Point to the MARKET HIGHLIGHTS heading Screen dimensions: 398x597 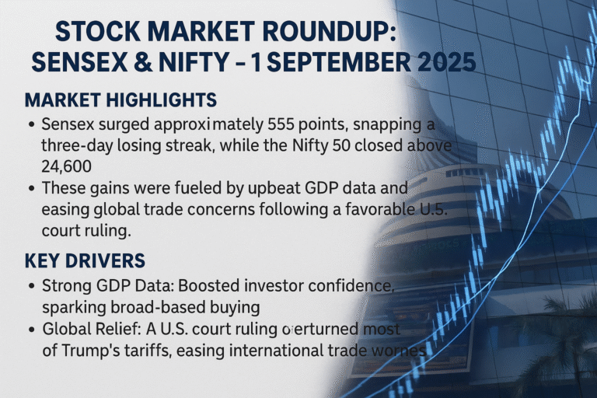coord(120,101)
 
